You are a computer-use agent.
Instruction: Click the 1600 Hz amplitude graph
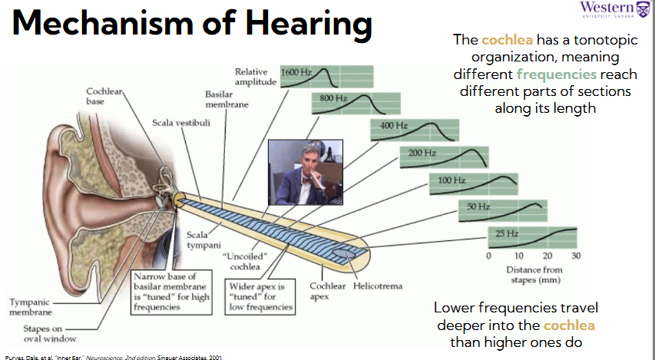326,77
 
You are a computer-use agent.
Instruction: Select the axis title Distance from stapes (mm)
534,275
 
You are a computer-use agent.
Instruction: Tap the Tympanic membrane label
31,307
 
